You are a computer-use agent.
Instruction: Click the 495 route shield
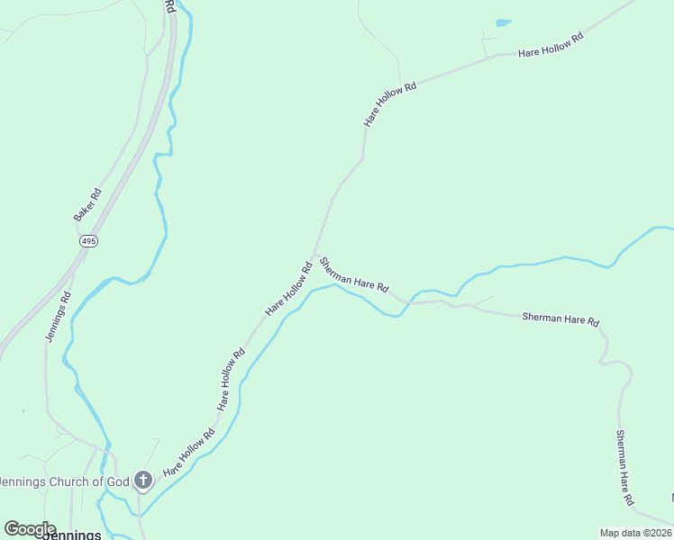tap(87, 241)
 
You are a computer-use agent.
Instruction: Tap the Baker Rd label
tap(87, 204)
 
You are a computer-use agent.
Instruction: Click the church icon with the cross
tap(142, 481)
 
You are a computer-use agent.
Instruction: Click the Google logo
tap(30, 529)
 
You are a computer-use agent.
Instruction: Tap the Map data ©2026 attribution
tap(636, 533)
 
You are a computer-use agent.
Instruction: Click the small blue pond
tap(503, 22)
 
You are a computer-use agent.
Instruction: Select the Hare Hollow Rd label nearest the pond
tap(551, 47)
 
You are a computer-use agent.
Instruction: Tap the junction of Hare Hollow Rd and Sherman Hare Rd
tap(314, 255)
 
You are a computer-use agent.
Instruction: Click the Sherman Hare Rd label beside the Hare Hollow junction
tap(354, 274)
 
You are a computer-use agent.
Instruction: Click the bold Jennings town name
tap(68, 535)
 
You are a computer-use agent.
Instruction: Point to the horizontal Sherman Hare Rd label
tap(560, 319)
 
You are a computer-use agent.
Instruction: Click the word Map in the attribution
tap(610, 533)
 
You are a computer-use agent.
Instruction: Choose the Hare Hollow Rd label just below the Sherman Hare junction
tap(288, 288)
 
